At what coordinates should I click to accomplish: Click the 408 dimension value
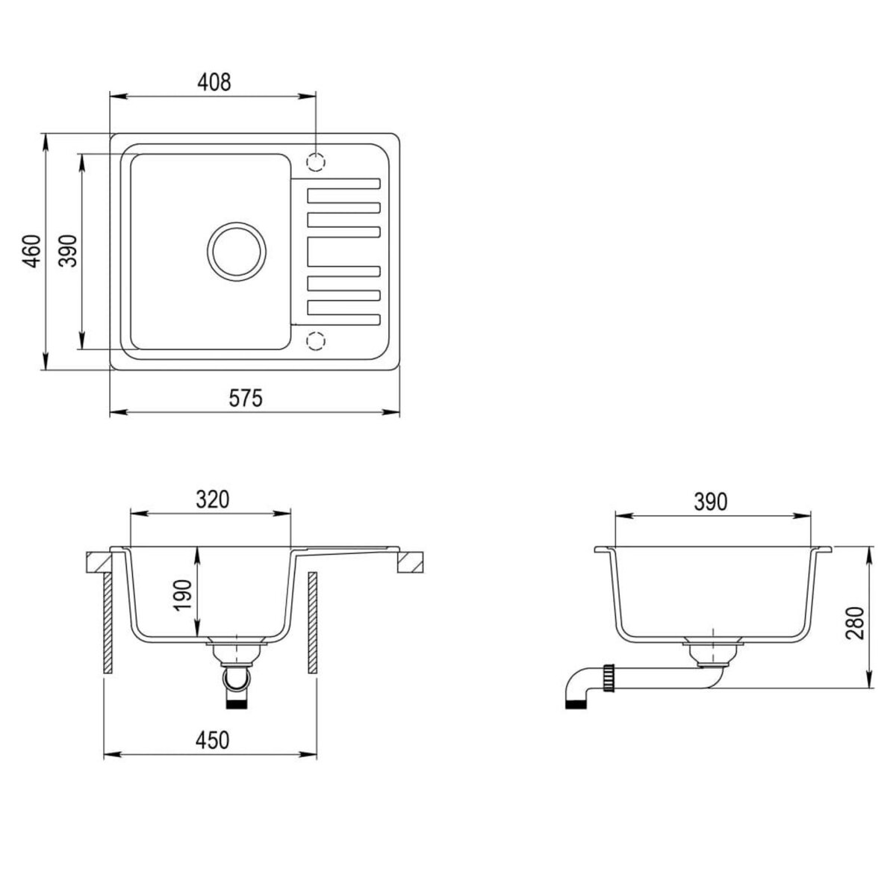click(x=215, y=81)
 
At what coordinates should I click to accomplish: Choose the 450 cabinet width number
click(x=211, y=740)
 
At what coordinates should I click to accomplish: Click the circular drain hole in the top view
click(x=237, y=252)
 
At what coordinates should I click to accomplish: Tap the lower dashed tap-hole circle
click(x=317, y=341)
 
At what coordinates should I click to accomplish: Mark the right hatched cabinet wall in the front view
click(x=313, y=623)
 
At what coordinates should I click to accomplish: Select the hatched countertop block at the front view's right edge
click(x=410, y=561)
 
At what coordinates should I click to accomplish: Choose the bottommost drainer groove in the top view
click(x=343, y=321)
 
